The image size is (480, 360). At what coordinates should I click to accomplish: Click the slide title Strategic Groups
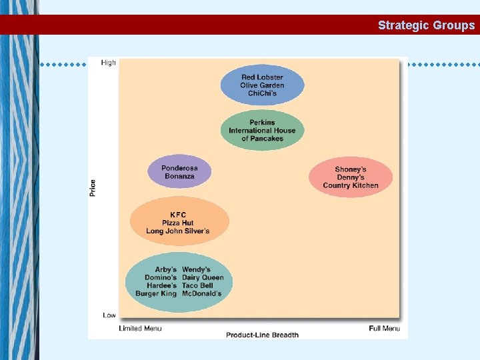click(x=426, y=25)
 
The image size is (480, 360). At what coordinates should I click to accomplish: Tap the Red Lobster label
click(x=262, y=77)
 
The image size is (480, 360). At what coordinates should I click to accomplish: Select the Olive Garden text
click(x=262, y=85)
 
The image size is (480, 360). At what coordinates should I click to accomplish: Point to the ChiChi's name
click(x=262, y=93)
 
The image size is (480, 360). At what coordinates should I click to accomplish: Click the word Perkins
click(x=262, y=123)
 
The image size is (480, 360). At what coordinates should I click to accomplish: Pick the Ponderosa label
click(x=179, y=168)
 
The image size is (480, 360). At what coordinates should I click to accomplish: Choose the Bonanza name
click(x=179, y=176)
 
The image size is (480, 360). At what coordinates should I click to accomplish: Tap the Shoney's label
click(x=351, y=169)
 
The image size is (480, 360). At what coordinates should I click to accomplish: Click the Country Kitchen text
click(x=351, y=185)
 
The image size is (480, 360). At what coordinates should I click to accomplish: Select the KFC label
click(x=178, y=215)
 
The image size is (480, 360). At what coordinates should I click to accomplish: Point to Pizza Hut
click(x=178, y=223)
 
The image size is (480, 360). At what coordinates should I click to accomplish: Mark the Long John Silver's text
click(x=178, y=231)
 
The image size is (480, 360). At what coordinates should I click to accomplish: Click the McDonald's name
click(x=202, y=293)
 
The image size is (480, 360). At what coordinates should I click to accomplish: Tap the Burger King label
click(x=156, y=293)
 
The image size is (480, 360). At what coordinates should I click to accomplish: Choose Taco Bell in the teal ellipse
click(x=199, y=285)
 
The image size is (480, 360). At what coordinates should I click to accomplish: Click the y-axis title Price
click(x=93, y=187)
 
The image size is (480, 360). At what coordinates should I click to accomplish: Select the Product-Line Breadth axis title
click(x=262, y=335)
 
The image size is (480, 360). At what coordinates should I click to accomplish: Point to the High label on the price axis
click(x=108, y=63)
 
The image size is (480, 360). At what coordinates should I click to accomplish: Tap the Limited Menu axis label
click(x=140, y=328)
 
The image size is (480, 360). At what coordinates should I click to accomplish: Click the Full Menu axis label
click(x=385, y=328)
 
